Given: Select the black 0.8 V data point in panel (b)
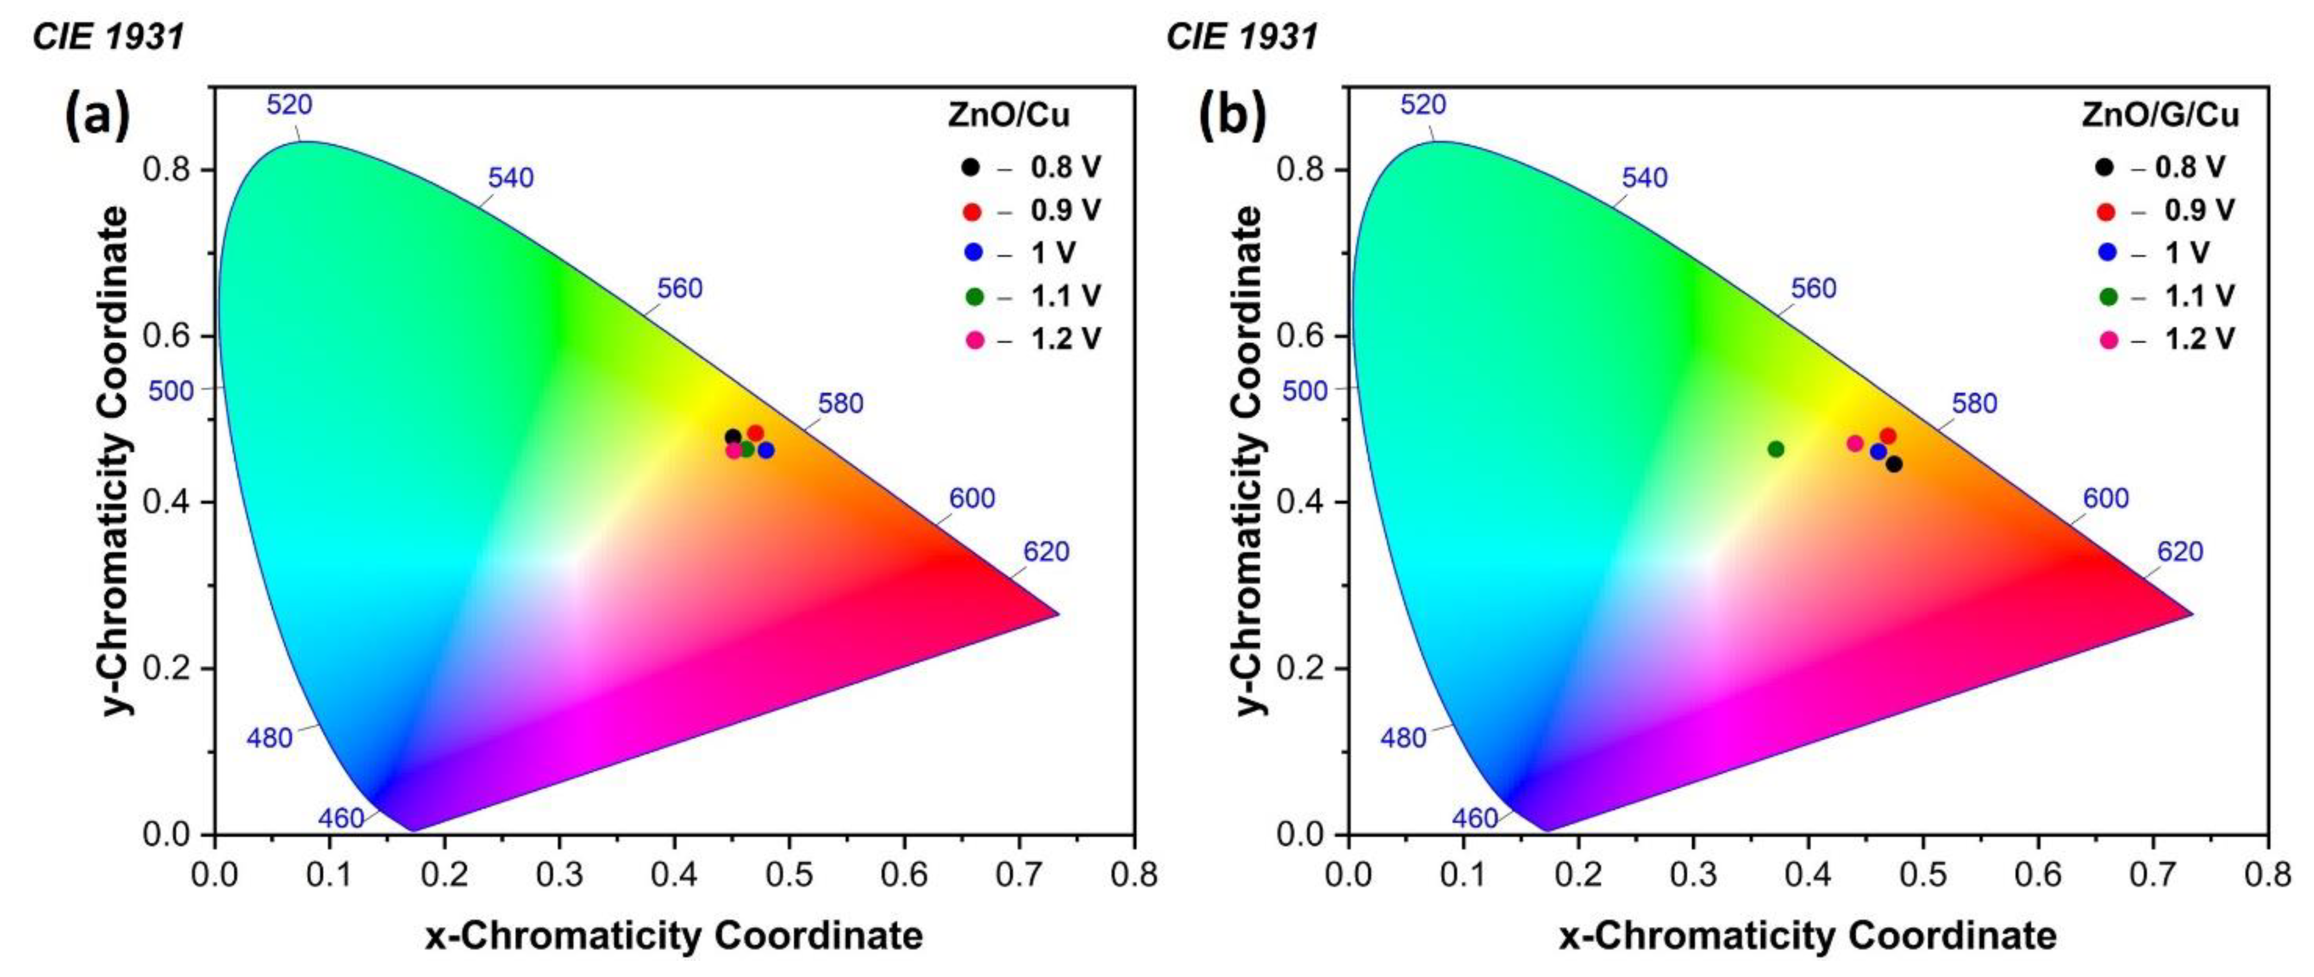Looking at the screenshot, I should coord(1894,464).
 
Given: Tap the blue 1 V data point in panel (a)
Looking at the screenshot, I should coord(765,450).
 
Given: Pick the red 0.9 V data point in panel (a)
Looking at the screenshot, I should coord(755,433).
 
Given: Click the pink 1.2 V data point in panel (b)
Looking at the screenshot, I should coord(1855,443).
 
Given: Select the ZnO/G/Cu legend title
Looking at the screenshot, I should coord(2160,115).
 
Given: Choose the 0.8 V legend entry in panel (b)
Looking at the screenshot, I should coord(2190,167).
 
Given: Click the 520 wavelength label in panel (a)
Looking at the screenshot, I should coord(289,105).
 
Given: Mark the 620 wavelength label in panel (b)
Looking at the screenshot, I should coord(2180,552).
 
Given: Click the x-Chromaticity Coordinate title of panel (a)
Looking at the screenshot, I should coord(674,936).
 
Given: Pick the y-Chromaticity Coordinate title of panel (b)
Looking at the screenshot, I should coord(1248,460).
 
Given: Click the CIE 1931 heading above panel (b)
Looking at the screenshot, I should coord(1242,37).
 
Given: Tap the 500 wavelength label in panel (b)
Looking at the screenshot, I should coord(1304,390).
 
